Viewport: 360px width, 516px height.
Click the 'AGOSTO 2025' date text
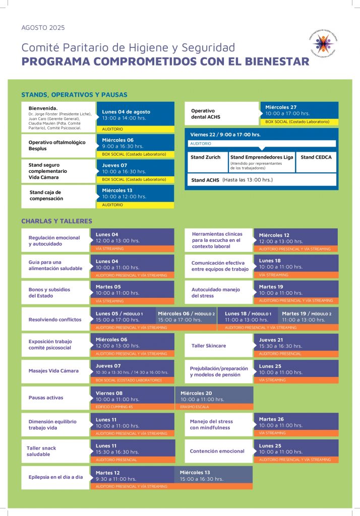coord(43,28)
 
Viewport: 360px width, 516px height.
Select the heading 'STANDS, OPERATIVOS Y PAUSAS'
coord(74,94)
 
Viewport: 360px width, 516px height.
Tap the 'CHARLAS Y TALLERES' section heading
coord(56,221)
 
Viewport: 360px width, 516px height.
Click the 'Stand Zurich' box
coord(205,157)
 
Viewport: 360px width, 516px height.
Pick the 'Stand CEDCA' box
coord(316,157)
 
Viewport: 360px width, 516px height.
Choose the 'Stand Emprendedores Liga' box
coord(262,157)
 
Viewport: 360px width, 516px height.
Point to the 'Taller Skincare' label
coord(209,346)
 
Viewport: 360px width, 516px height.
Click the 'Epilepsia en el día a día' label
coord(55,477)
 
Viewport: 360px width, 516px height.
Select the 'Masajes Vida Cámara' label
coord(53,371)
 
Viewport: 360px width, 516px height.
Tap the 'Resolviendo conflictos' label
coord(55,319)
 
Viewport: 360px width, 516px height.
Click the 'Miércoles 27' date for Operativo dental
coord(281,107)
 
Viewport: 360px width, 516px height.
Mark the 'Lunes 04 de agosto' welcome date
coord(126,112)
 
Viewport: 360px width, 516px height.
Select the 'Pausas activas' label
coord(46,398)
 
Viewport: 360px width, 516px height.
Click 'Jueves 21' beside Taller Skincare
coord(271,340)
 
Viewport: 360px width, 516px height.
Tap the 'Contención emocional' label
coord(217,451)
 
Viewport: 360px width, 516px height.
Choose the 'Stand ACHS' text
coord(205,180)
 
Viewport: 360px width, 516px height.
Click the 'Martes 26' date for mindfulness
coord(271,419)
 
